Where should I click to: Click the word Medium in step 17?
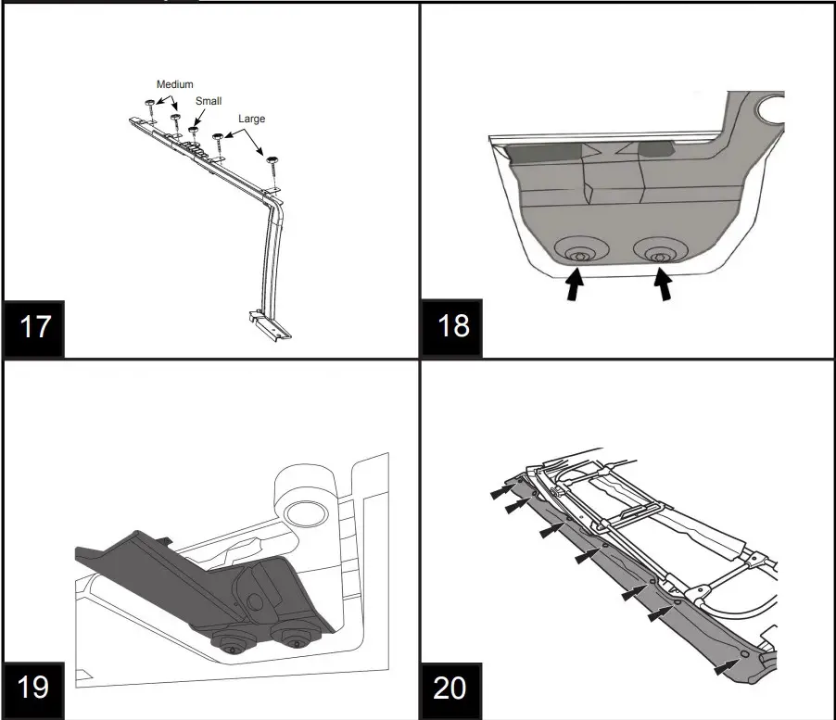pyautogui.click(x=174, y=84)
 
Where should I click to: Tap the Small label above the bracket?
pyautogui.click(x=208, y=101)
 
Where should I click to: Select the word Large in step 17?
pyautogui.click(x=251, y=119)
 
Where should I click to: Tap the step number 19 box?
pyautogui.click(x=34, y=687)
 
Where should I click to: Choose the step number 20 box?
pyautogui.click(x=451, y=687)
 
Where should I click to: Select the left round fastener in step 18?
pyautogui.click(x=579, y=254)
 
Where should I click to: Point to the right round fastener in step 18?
pyautogui.click(x=660, y=254)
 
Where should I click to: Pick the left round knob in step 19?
pyautogui.click(x=232, y=644)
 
